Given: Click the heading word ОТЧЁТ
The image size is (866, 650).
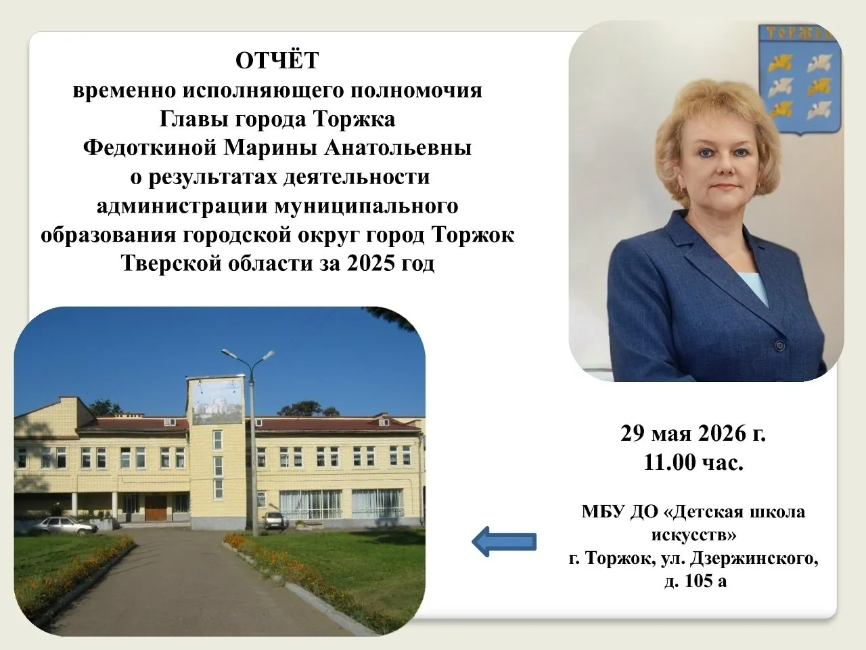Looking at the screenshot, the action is tap(277, 60).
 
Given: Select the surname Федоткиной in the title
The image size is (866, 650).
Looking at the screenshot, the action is tap(150, 148).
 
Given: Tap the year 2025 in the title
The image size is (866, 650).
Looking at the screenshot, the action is tap(371, 263).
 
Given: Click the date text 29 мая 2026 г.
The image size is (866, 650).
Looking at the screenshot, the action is tap(693, 433).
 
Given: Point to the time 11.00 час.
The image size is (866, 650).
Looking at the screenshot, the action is tap(693, 462).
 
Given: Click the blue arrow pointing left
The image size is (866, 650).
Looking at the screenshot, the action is tap(504, 542).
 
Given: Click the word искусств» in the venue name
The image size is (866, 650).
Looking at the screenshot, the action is tap(693, 535).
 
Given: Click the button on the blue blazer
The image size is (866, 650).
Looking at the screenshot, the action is tap(779, 345).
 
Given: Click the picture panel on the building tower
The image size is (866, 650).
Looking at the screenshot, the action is tap(217, 401).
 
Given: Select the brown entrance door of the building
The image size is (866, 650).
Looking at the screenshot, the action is tap(156, 508).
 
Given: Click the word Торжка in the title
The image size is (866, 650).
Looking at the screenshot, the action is tap(354, 120).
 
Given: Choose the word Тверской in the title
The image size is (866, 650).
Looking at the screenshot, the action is tap(172, 263).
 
